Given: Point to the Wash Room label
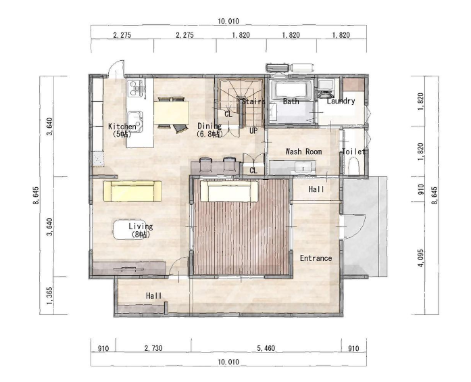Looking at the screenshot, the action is [x=303, y=151].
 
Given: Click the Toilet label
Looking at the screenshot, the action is [x=353, y=151].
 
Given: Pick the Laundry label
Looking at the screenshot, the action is [x=341, y=101].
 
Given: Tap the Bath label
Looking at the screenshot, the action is [x=291, y=101].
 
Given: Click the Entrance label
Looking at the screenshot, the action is [x=316, y=258].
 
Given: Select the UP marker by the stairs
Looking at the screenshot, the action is [x=253, y=130].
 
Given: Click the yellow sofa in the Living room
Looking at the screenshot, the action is [x=132, y=191].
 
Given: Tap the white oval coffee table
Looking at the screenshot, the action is [x=130, y=230].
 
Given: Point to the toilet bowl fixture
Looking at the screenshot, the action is [x=353, y=166].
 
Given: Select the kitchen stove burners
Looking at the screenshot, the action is [x=136, y=88].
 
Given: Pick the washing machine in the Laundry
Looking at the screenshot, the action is [x=325, y=88].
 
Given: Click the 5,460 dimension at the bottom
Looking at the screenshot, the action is [x=266, y=348].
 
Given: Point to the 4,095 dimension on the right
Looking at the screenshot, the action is [x=421, y=258].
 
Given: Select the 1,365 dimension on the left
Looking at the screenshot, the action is [x=50, y=295].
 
